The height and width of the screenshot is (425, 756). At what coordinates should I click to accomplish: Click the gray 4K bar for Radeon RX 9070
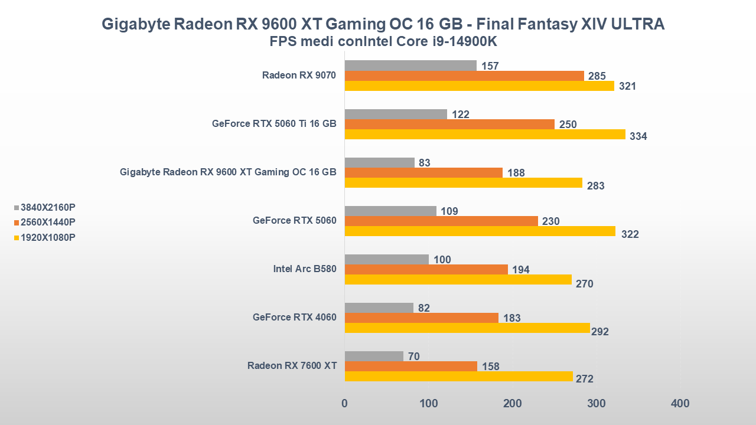[410, 66]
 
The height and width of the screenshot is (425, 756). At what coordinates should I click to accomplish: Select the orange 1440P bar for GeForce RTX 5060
[441, 221]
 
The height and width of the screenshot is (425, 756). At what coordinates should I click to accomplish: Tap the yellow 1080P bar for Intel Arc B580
[458, 280]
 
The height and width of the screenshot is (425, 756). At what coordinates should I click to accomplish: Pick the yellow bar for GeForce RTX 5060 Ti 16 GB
[484, 135]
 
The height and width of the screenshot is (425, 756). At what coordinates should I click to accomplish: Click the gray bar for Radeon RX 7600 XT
[374, 356]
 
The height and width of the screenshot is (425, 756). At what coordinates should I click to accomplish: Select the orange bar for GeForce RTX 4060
[421, 318]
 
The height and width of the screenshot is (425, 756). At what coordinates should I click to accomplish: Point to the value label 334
[638, 136]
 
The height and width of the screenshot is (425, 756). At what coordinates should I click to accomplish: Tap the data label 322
[630, 234]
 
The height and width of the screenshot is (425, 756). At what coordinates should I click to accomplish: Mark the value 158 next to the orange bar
[490, 367]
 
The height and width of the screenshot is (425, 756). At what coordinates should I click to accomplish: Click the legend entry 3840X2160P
[48, 207]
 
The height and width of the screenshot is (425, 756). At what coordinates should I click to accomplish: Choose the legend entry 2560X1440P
[48, 223]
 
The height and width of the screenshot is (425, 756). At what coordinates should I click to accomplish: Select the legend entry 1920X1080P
[48, 237]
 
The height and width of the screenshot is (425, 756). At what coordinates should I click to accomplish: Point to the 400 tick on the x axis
[680, 404]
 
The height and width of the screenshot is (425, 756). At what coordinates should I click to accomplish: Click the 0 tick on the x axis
[344, 404]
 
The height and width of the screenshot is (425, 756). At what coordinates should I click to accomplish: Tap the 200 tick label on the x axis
[513, 404]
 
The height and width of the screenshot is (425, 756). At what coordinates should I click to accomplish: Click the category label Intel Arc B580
[305, 269]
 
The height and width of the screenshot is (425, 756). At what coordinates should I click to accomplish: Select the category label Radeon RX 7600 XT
[292, 366]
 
